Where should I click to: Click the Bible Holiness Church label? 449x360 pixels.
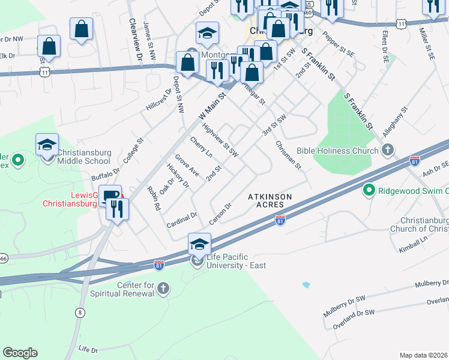pyautogui.click(x=339, y=151)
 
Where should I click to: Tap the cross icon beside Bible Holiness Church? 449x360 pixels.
pyautogui.click(x=388, y=149)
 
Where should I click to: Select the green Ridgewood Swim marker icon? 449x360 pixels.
pyautogui.click(x=369, y=191)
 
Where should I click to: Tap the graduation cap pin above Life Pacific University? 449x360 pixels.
pyautogui.click(x=199, y=243)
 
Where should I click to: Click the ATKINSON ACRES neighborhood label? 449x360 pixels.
pyautogui.click(x=270, y=200)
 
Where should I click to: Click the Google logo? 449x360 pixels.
pyautogui.click(x=20, y=352)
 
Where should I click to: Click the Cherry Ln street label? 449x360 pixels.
pyautogui.click(x=201, y=148)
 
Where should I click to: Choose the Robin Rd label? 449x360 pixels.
pyautogui.click(x=154, y=198)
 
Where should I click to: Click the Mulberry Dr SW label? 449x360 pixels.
pyautogui.click(x=344, y=305)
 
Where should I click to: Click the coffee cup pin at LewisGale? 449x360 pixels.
pyautogui.click(x=110, y=195)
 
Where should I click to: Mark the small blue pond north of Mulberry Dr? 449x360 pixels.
pyautogui.click(x=307, y=284)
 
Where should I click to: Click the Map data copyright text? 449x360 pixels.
pyautogui.click(x=423, y=355)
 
